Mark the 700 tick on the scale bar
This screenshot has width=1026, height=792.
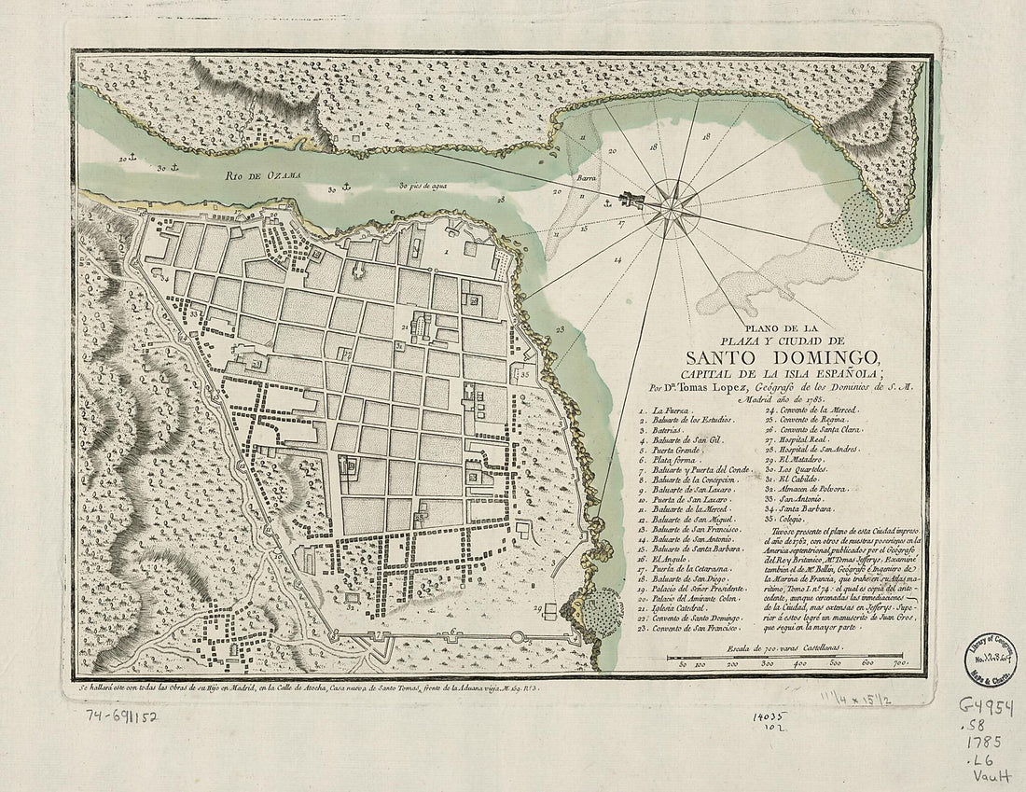tap(901, 663)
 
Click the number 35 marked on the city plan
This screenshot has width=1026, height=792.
tap(525, 375)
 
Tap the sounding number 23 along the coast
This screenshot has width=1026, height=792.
tap(559, 330)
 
